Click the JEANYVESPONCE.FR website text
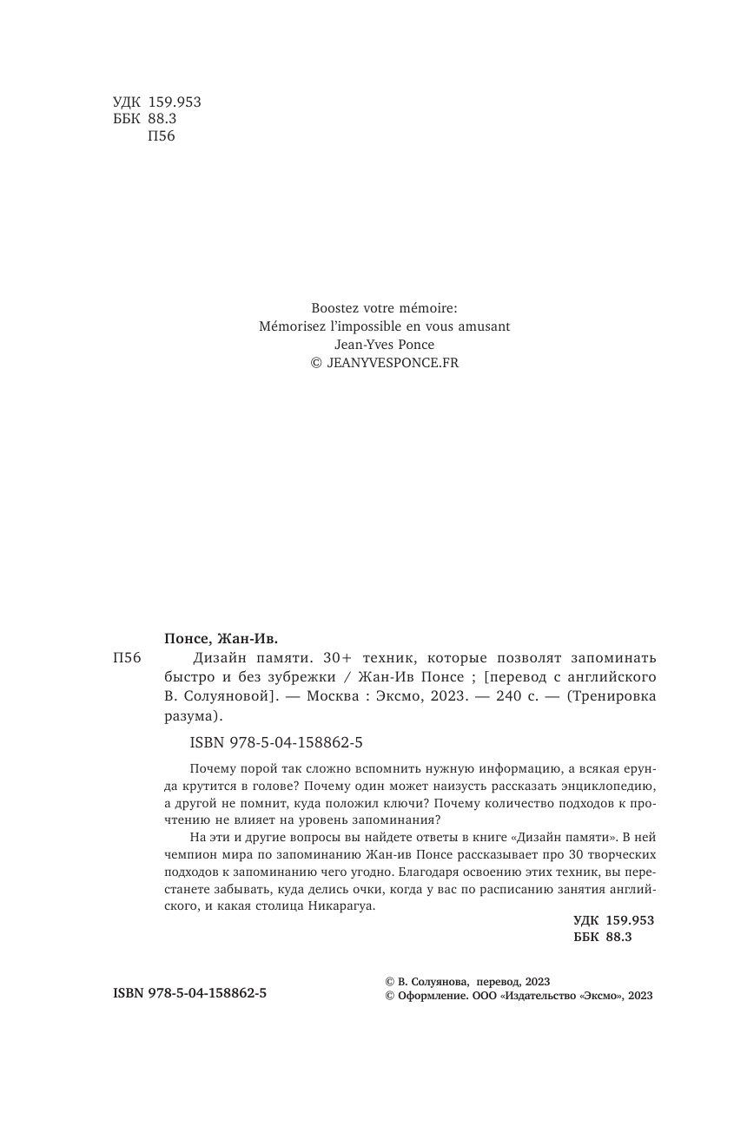click(392, 363)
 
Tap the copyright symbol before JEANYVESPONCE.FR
click(316, 363)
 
